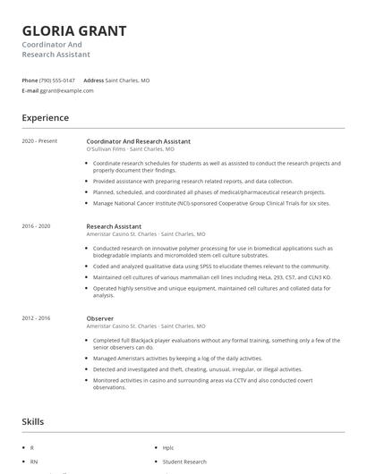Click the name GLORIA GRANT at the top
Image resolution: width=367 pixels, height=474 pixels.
74,31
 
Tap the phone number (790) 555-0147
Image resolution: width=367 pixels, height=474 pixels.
57,80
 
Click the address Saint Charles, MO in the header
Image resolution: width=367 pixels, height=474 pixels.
127,80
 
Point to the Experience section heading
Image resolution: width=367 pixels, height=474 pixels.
45,117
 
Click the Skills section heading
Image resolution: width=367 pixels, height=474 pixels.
33,421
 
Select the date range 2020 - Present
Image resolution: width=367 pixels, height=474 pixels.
39,141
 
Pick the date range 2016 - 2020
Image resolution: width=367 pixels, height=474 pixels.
37,226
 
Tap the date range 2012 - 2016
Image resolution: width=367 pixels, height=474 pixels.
37,318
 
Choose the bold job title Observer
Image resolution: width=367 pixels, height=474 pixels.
100,318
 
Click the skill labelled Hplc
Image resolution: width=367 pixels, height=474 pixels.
168,446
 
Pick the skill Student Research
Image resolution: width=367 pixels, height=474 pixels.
184,461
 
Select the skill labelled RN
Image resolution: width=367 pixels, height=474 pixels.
33,461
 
